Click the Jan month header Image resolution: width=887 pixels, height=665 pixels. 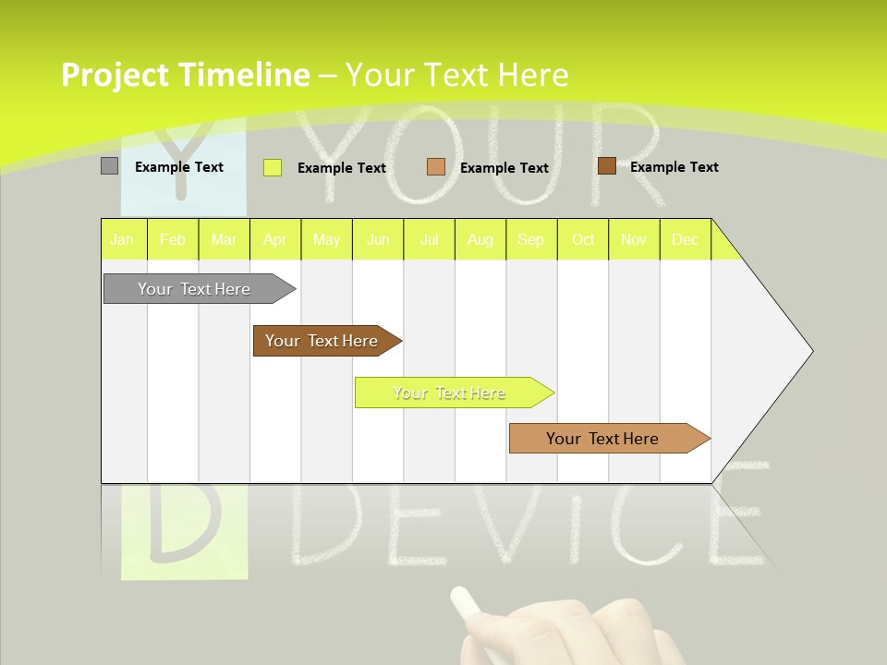123,239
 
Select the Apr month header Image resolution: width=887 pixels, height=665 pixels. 275,239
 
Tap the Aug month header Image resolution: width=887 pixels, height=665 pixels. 480,239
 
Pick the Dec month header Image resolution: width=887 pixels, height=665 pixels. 686,239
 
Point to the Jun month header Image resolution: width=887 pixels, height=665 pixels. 378,239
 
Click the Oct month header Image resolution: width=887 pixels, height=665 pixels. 583,239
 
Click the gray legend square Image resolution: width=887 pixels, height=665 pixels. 110,166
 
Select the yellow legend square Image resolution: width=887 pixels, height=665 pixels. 273,167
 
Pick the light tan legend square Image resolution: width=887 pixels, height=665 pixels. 436,167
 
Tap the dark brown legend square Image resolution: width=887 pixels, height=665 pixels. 606,166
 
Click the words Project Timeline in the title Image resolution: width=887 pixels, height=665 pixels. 186,75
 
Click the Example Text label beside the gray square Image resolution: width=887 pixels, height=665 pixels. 179,167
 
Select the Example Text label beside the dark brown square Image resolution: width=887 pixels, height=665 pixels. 674,167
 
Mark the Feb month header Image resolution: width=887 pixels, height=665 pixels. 173,239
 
